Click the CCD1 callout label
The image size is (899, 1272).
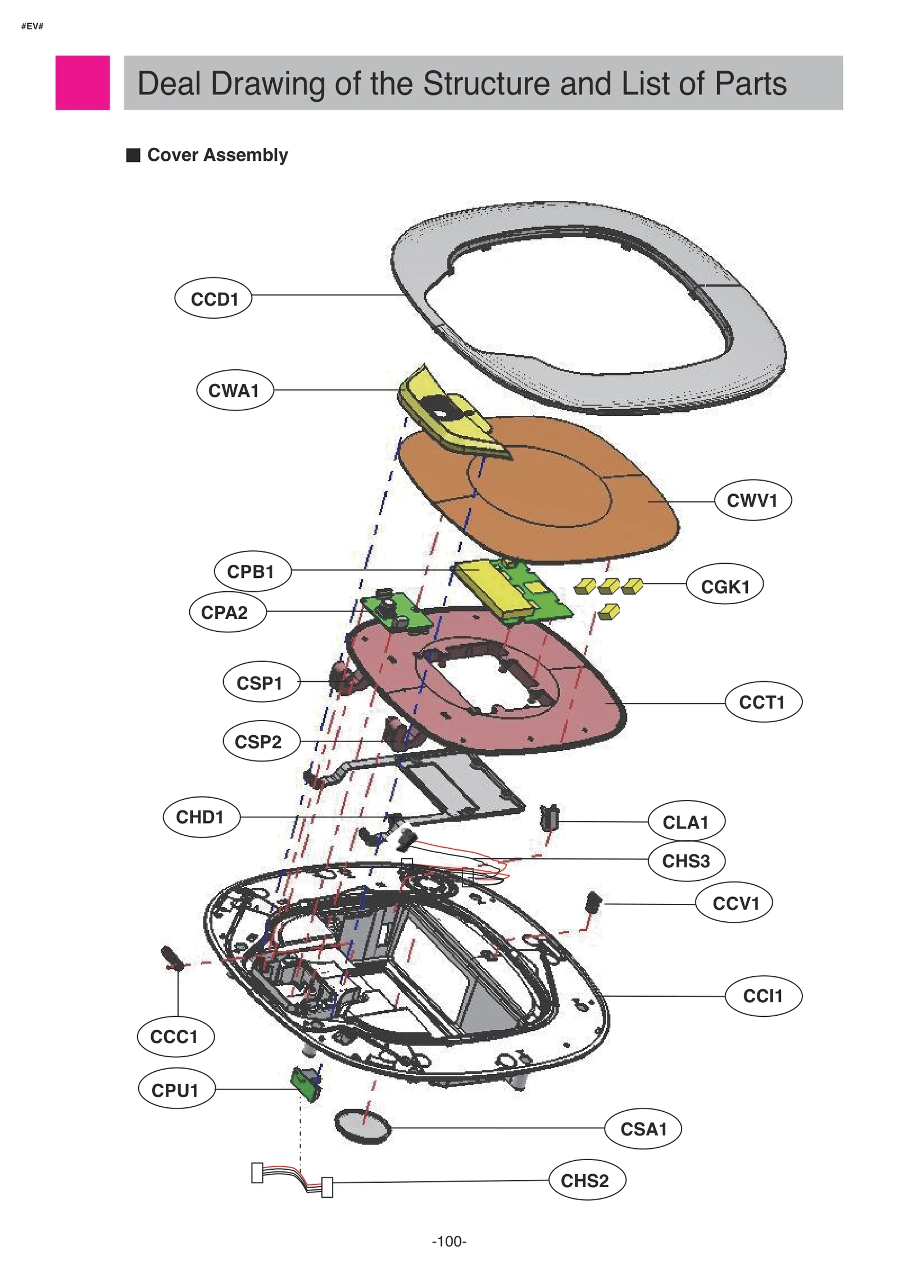tap(213, 298)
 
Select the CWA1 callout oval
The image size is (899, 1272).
tap(234, 390)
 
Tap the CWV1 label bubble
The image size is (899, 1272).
tap(752, 500)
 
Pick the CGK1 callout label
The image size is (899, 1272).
tap(724, 586)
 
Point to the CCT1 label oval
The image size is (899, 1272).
tap(762, 701)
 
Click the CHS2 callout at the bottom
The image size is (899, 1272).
tap(586, 1180)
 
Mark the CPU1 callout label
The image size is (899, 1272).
tap(176, 1089)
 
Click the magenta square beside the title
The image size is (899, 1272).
tap(82, 83)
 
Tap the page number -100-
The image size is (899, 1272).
tap(449, 1241)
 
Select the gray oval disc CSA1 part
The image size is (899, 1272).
tap(362, 1126)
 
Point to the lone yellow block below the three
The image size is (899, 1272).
tap(609, 611)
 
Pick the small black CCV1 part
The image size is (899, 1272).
tap(593, 901)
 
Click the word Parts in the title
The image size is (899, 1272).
tap(750, 84)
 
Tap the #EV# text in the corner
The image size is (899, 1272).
tap(32, 26)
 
